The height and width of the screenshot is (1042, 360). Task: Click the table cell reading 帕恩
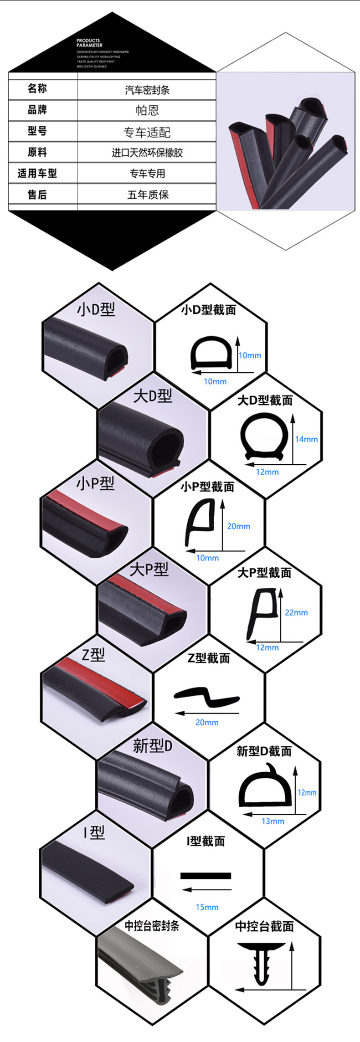click(x=147, y=110)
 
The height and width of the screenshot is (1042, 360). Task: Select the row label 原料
click(x=37, y=152)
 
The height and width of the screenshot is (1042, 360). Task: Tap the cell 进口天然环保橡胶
click(x=147, y=153)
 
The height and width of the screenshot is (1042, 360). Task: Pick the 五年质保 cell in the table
click(x=147, y=195)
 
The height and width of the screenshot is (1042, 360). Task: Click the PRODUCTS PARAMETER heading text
click(x=89, y=43)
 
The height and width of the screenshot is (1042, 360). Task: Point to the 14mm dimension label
click(x=306, y=439)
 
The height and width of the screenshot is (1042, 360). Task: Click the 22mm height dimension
click(x=296, y=612)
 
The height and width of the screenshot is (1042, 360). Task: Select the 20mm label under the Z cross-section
click(x=207, y=722)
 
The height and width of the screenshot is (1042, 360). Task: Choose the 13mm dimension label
click(x=273, y=821)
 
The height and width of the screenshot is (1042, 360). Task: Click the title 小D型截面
click(x=209, y=310)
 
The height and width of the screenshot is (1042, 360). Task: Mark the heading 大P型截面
click(x=264, y=573)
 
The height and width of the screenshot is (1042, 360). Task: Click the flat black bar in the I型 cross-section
click(x=206, y=876)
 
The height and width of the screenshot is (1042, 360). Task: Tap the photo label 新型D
click(x=153, y=746)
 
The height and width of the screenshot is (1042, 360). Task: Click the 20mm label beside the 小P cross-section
click(x=239, y=526)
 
